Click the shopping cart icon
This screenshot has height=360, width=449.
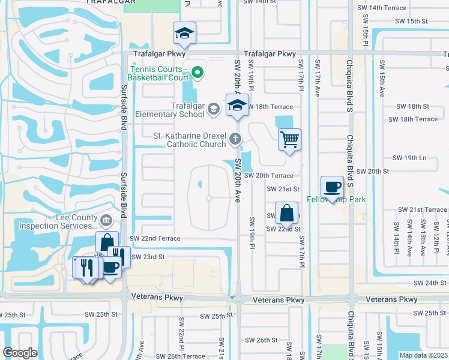click(x=289, y=140)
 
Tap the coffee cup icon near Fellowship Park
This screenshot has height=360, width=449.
click(x=332, y=187)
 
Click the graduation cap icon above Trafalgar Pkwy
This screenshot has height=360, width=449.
click(x=185, y=34)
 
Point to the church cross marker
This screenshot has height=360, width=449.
click(x=235, y=140)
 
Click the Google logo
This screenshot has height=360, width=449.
click(x=20, y=353)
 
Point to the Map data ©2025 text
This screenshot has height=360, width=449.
click(x=423, y=355)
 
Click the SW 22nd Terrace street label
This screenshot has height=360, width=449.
click(x=155, y=238)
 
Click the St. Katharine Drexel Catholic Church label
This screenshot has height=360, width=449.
click(x=190, y=140)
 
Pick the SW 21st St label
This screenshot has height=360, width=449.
click(x=283, y=188)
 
